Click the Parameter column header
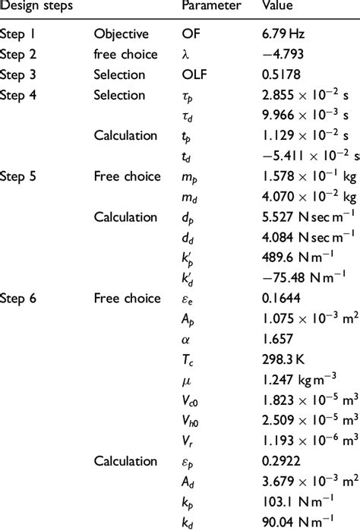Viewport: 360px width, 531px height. pyautogui.click(x=211, y=6)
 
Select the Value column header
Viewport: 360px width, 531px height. pyautogui.click(x=277, y=6)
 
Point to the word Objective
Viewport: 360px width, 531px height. pyautogui.click(x=119, y=33)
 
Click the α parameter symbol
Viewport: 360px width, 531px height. pyautogui.click(x=186, y=338)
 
